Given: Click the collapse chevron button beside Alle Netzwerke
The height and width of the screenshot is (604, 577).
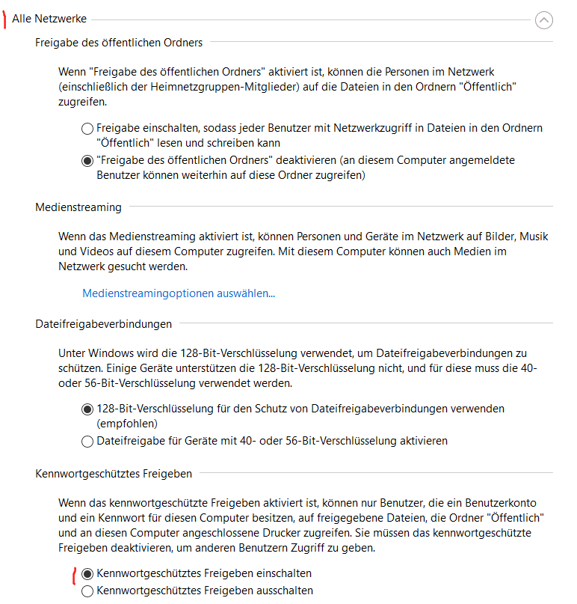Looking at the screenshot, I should pyautogui.click(x=544, y=20).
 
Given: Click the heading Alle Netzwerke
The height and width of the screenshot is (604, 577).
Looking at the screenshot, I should pyautogui.click(x=49, y=19).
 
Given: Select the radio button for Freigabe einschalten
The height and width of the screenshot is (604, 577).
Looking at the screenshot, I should pyautogui.click(x=87, y=129).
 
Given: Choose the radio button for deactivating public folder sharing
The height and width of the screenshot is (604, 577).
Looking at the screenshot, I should pyautogui.click(x=87, y=160).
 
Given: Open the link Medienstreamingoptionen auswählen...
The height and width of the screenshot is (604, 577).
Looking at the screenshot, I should pyautogui.click(x=179, y=293).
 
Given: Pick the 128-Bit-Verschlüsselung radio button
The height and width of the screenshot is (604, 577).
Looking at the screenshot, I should pyautogui.click(x=87, y=409).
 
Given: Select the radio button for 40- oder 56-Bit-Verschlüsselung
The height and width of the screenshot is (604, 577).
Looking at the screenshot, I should pyautogui.click(x=87, y=442).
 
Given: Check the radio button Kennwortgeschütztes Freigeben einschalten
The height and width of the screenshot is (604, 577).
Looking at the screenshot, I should pyautogui.click(x=87, y=574).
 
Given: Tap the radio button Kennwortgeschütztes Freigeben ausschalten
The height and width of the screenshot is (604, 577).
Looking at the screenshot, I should pyautogui.click(x=87, y=591).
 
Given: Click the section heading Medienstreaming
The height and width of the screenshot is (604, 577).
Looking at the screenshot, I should pyautogui.click(x=78, y=207).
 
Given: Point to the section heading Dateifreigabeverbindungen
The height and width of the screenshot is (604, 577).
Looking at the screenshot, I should pyautogui.click(x=103, y=324).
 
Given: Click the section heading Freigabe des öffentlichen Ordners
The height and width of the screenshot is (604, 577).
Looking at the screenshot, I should pyautogui.click(x=119, y=43).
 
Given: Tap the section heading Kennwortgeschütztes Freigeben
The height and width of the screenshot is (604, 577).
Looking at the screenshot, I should pyautogui.click(x=114, y=474).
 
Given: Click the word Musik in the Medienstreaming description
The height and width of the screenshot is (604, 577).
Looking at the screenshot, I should pyautogui.click(x=534, y=237).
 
